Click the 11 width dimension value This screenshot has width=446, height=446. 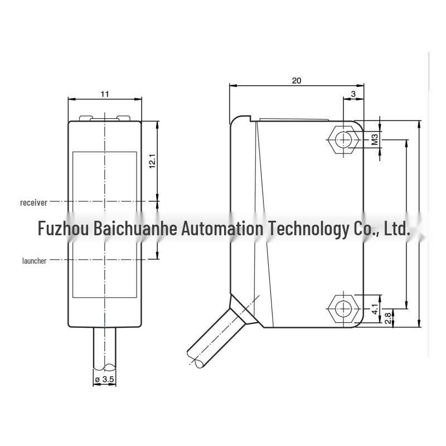pyautogui.click(x=105, y=94)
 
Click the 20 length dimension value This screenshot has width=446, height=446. pyautogui.click(x=297, y=81)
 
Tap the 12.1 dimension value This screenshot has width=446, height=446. pyautogui.click(x=152, y=161)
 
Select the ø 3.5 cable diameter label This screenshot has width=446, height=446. pyautogui.click(x=105, y=379)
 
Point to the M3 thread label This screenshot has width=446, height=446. pyautogui.click(x=375, y=139)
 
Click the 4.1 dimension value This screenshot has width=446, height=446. pyautogui.click(x=375, y=309)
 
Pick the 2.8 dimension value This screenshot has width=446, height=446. pyautogui.click(x=387, y=318)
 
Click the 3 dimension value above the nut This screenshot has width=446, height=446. pyautogui.click(x=353, y=94)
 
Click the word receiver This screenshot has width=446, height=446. pyautogui.click(x=33, y=202)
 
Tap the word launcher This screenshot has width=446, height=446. pyautogui.click(x=34, y=260)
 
